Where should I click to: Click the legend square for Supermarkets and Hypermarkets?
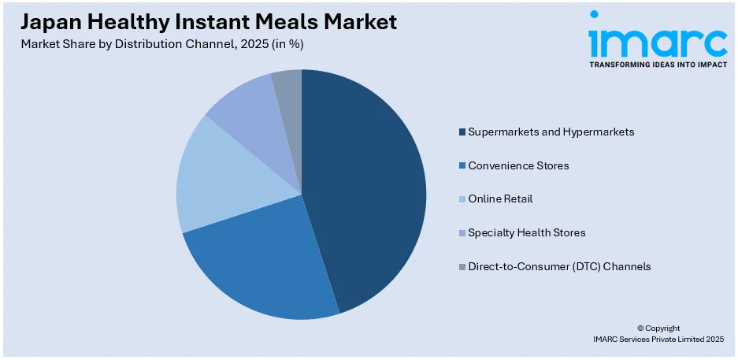[462, 132]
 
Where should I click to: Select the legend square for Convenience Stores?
[462, 166]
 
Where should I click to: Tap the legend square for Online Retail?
[462, 199]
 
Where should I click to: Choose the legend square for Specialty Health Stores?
[462, 233]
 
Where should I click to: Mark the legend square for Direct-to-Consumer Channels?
[462, 267]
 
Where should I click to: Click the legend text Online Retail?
[500, 199]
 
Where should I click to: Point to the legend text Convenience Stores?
[518, 166]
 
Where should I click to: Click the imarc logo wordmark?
[658, 37]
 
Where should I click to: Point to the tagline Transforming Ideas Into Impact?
[658, 65]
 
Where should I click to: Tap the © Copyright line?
[658, 328]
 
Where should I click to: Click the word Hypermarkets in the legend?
[599, 132]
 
